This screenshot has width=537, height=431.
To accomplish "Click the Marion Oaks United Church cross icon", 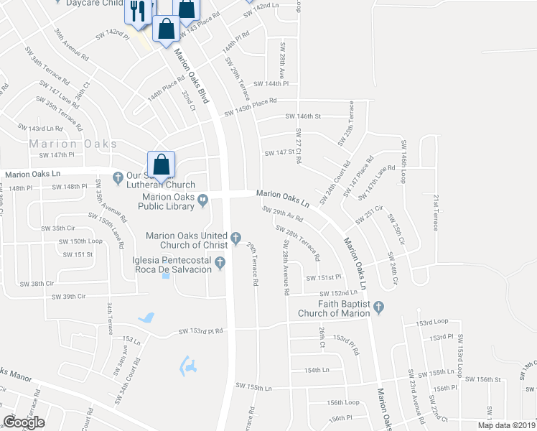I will tap(235, 236).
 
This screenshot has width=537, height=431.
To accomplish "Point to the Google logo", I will tap(24, 422).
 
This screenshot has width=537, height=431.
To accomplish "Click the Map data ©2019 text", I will tap(506, 425).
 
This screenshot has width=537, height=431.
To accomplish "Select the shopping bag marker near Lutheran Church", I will tap(162, 164).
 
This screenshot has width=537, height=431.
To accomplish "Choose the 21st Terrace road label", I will tap(435, 212).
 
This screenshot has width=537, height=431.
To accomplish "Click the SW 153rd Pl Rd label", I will tap(201, 331).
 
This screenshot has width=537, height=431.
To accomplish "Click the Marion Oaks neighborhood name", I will tap(73, 144).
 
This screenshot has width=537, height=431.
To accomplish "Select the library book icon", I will tap(203, 200).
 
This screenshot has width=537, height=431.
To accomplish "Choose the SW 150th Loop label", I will tap(81, 241).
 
